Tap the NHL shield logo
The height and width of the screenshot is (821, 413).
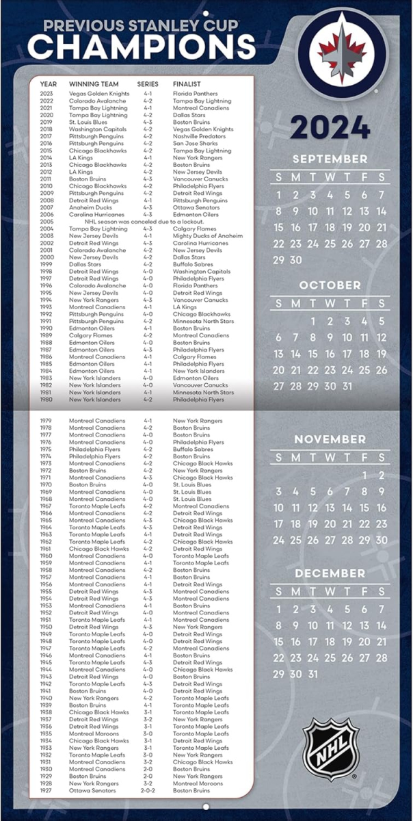331,748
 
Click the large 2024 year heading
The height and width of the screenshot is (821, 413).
330,127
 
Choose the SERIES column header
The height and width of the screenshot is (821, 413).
148,84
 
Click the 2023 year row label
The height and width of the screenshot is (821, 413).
46,94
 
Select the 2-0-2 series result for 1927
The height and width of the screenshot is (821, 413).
148,790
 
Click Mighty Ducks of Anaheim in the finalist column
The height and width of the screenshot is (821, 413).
207,236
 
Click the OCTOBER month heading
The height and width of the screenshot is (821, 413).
330,285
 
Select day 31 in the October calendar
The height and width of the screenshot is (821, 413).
347,386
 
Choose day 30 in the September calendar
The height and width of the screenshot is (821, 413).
295,260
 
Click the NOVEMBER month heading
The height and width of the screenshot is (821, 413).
330,439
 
